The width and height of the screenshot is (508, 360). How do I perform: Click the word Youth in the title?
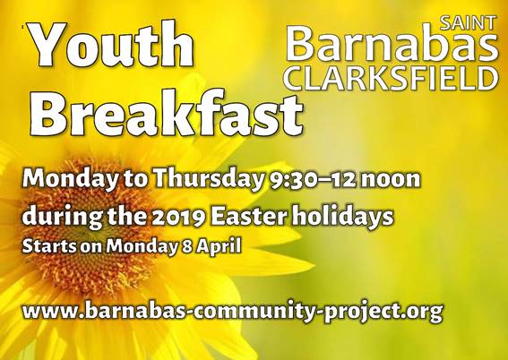pos(111,44)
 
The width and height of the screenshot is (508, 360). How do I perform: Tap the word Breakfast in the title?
pos(167,113)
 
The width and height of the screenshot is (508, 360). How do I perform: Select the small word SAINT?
pos(468,23)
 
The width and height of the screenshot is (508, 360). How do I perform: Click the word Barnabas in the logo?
pos(392,45)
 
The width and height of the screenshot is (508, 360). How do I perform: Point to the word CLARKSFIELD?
pos(392,79)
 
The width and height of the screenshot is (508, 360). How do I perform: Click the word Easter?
pos(249,216)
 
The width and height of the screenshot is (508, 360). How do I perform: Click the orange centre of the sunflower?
pos(87,227)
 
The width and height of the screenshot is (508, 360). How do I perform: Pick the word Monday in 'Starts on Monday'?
pos(142,247)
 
